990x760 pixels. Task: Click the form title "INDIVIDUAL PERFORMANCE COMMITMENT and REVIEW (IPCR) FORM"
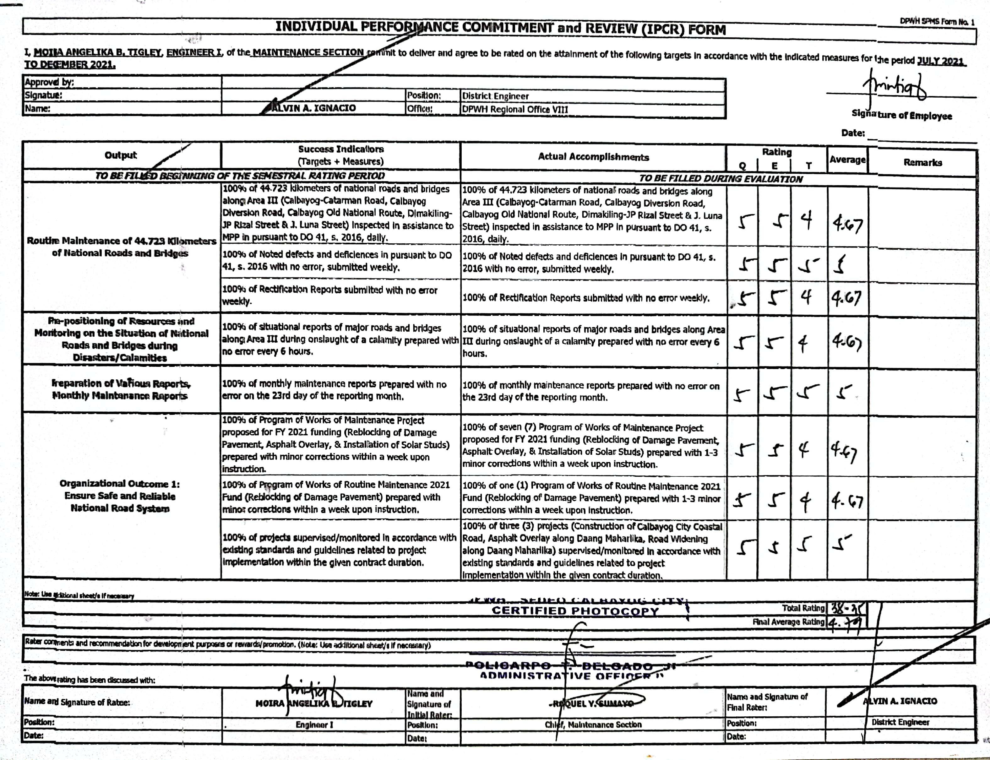(500, 28)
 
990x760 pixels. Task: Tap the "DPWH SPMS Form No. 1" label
(937, 21)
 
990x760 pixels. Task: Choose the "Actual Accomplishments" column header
(593, 157)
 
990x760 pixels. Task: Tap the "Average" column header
(847, 160)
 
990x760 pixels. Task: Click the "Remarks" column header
(922, 162)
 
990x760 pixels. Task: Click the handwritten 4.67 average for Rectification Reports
(846, 298)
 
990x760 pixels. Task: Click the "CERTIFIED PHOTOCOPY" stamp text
(575, 611)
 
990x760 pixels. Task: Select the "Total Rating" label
(803, 608)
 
